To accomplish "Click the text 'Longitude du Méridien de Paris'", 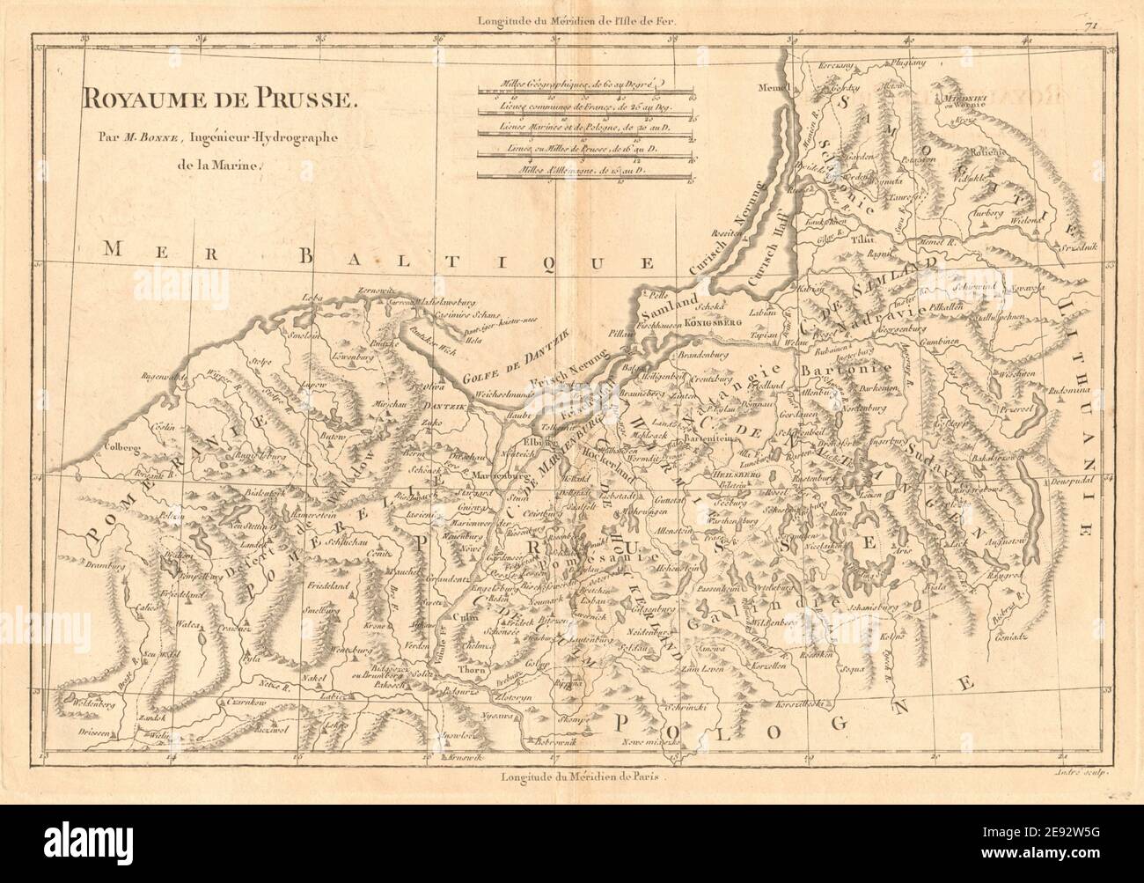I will (582, 777).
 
